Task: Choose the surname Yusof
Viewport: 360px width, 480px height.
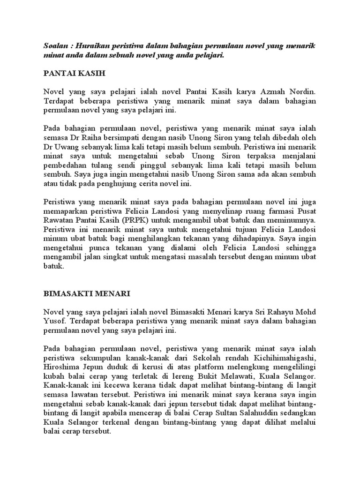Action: (55, 322)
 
